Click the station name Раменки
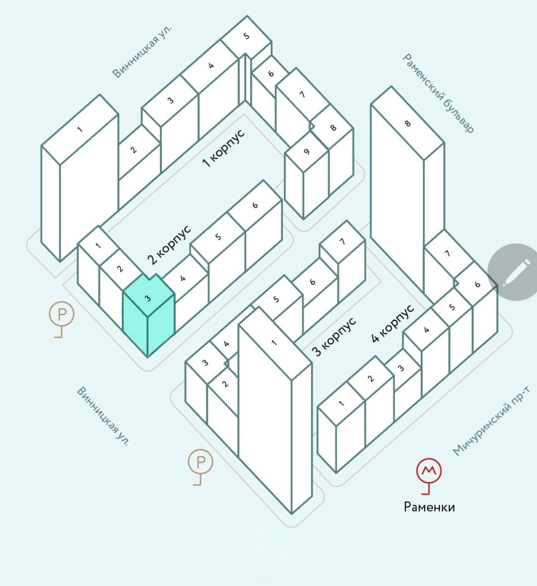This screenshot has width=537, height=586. (429, 507)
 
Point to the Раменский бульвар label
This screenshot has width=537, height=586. (438, 93)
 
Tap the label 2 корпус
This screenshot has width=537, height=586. (169, 245)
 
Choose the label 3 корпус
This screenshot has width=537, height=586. (334, 337)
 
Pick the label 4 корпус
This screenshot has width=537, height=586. (393, 324)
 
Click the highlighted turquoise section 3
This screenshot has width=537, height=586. (148, 318)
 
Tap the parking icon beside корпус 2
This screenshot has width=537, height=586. (62, 314)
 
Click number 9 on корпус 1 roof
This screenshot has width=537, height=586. (306, 152)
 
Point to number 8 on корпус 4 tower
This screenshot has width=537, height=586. (408, 123)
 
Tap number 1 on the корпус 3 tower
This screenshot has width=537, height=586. (274, 343)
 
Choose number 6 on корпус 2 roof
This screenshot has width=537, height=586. (255, 205)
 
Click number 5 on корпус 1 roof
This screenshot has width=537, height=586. (246, 36)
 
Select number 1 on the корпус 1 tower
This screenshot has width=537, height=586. (80, 129)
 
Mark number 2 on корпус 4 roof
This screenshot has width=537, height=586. (370, 378)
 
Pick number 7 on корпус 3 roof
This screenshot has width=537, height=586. (342, 241)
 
